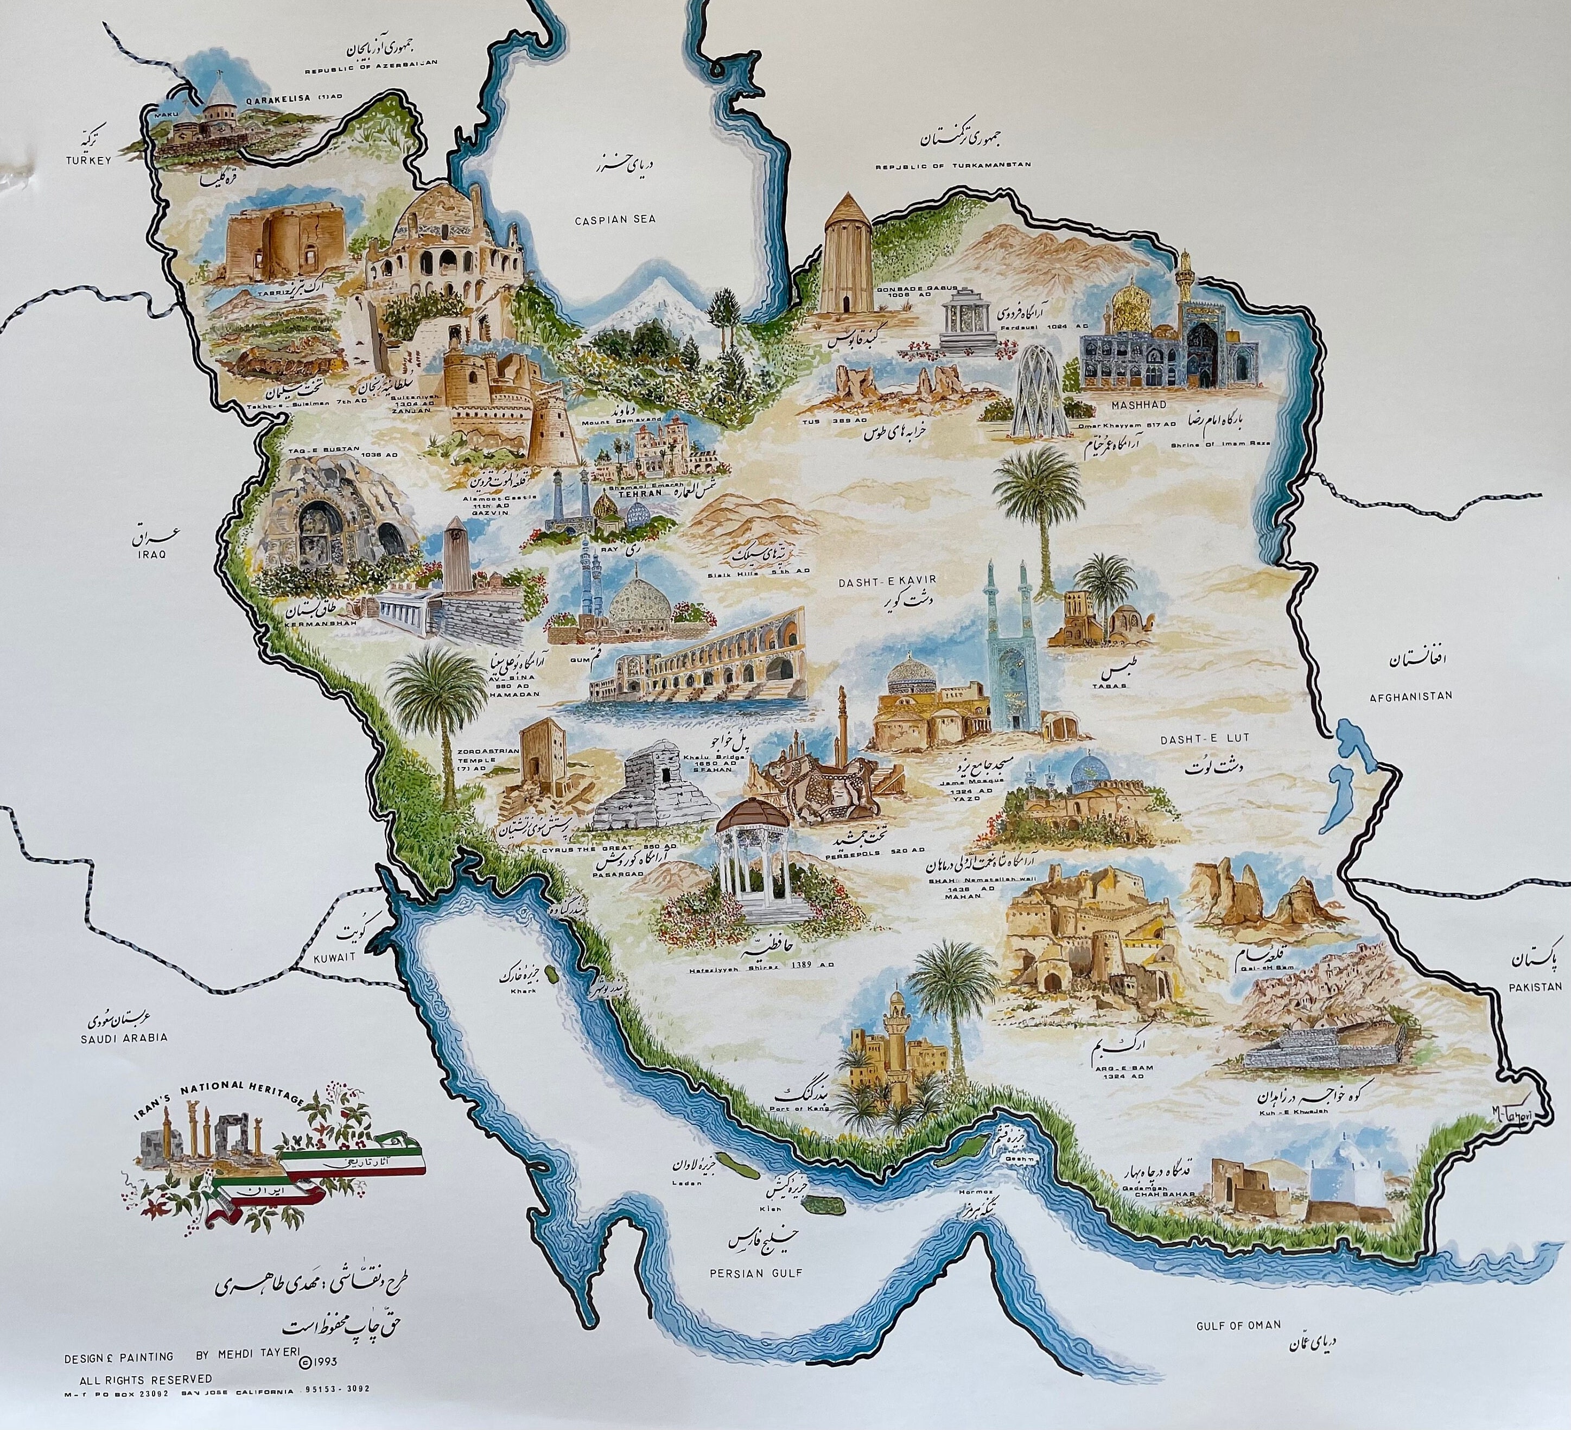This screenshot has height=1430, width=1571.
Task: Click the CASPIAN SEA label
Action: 615,220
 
